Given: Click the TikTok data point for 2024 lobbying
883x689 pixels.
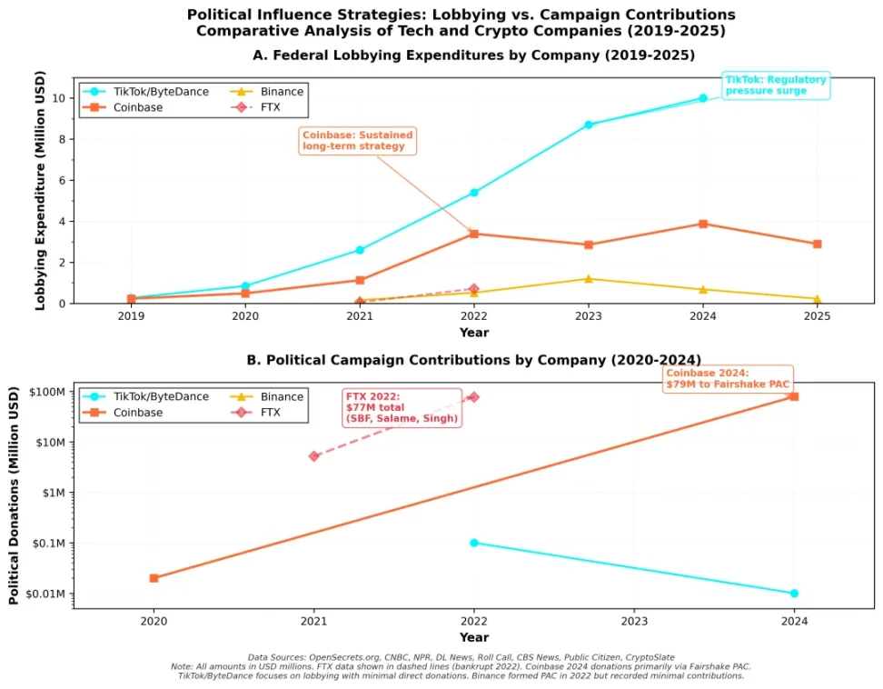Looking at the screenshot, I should (x=702, y=98).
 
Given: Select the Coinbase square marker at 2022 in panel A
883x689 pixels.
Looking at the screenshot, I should (x=474, y=234).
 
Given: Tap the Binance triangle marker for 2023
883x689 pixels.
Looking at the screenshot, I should (x=589, y=279).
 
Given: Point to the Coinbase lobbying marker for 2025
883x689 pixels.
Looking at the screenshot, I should (x=817, y=244).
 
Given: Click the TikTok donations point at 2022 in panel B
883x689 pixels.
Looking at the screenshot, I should (x=474, y=543).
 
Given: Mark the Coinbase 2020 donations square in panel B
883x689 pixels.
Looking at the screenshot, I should (x=154, y=578).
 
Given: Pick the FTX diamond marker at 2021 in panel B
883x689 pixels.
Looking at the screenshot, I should (x=314, y=456).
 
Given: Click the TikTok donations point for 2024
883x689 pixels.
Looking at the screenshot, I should (x=794, y=594).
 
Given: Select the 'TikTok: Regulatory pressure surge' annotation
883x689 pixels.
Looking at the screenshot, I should (x=776, y=85).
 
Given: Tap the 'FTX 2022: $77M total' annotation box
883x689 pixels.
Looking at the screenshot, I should (x=401, y=407).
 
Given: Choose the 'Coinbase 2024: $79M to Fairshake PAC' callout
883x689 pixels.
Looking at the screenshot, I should (x=728, y=378).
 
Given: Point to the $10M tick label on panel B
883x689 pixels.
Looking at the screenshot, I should (x=51, y=443).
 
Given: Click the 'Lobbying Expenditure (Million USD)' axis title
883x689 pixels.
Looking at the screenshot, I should (x=40, y=193).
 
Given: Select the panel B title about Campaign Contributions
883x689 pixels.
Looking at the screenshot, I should (x=473, y=360).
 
